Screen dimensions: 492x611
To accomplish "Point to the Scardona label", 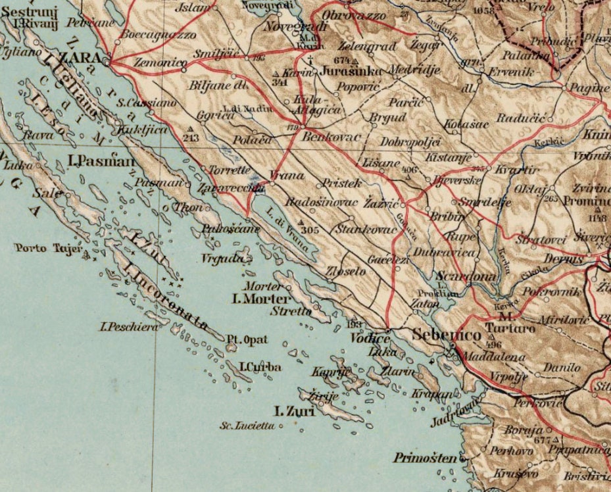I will pyautogui.click(x=466, y=277).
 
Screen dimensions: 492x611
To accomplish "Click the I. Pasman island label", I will pyautogui.click(x=97, y=160).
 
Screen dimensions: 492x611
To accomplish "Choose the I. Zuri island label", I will pyautogui.click(x=295, y=411).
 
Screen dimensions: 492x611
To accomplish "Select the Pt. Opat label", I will pyautogui.click(x=247, y=340).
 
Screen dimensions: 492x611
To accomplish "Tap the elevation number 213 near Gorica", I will pyautogui.click(x=191, y=138).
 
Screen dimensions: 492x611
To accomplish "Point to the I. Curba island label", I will pyautogui.click(x=260, y=367).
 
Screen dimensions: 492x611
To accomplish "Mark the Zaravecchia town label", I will pyautogui.click(x=225, y=187).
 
